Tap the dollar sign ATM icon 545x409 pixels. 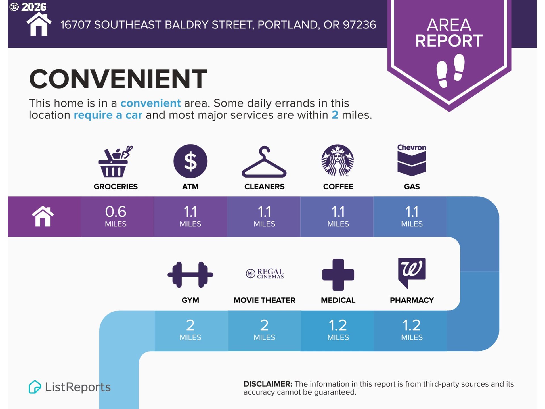click(190, 161)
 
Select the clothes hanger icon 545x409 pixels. click(264, 162)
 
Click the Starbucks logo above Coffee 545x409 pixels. click(338, 160)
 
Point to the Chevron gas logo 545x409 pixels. click(412, 160)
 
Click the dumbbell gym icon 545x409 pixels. click(190, 275)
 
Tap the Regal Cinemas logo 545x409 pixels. click(265, 274)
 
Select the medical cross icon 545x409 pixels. click(338, 275)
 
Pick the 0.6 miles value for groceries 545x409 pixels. click(116, 216)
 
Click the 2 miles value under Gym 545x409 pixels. click(190, 330)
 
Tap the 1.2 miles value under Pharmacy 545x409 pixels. click(412, 330)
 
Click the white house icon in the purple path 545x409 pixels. click(43, 216)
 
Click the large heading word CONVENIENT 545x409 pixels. click(118, 79)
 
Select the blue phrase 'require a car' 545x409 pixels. click(108, 115)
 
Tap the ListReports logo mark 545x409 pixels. click(35, 387)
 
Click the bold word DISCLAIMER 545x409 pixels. click(268, 384)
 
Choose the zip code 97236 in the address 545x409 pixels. click(359, 25)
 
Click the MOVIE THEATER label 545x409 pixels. click(264, 300)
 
